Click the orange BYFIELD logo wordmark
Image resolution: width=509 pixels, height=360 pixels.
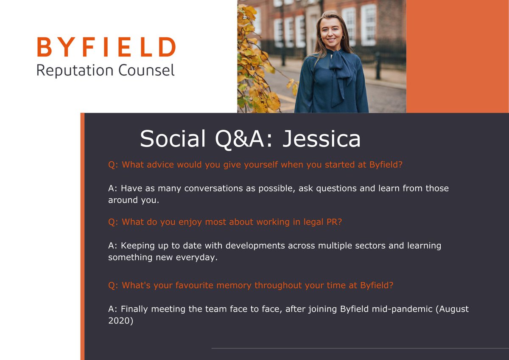coord(106,47)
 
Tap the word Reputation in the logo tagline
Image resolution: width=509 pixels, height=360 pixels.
coord(73,70)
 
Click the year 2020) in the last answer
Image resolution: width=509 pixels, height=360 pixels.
coord(121,321)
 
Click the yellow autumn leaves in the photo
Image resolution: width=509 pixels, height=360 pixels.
coord(255,64)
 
